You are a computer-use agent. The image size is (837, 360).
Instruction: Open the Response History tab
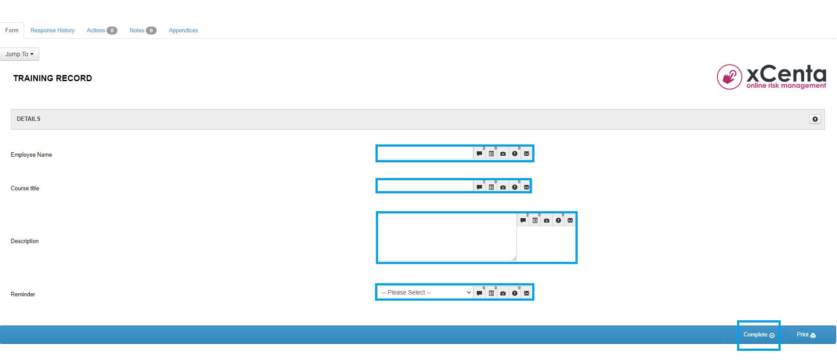52,31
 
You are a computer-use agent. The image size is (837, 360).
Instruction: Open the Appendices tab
183,31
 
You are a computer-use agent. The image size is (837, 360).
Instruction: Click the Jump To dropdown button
20,54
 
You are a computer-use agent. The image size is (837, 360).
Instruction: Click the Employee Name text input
425,153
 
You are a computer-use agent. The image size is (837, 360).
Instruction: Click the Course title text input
425,187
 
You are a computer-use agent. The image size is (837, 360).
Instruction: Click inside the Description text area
447,237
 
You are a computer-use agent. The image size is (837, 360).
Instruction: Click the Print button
806,335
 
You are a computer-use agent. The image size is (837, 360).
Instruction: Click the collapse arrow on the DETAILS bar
815,119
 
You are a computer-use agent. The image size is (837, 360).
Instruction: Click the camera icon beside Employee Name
503,154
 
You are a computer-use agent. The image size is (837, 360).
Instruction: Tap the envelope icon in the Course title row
527,187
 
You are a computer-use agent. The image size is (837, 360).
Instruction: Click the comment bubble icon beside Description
523,220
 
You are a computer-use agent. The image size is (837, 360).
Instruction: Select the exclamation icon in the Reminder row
515,293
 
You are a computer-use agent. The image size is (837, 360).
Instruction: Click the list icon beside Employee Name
491,154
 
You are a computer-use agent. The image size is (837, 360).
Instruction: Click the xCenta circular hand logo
729,77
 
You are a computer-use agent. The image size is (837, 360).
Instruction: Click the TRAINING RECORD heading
53,79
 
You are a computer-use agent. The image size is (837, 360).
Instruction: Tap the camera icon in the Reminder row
503,293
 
